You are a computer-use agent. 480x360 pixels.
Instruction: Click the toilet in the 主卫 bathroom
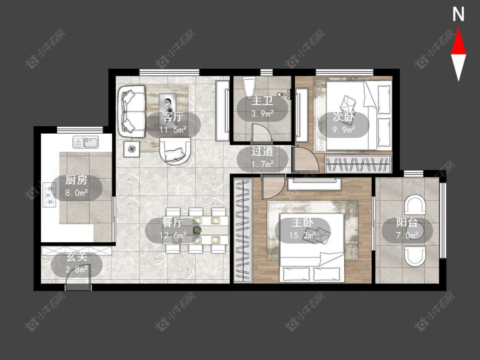(249, 87)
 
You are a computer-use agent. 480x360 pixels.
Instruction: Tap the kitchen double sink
(86, 143)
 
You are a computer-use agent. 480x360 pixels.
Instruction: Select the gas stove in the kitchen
(49, 194)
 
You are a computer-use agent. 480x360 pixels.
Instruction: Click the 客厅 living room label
(173, 117)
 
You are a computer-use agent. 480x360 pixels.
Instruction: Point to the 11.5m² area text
(173, 129)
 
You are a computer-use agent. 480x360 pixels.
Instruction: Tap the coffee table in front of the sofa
(167, 105)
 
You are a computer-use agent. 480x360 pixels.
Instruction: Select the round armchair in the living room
(175, 151)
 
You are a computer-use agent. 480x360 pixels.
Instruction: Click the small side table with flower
(132, 149)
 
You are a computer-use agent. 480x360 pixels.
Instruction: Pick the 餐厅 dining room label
(173, 222)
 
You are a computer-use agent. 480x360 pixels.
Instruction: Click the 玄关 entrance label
(77, 257)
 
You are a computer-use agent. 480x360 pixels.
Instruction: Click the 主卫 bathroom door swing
(261, 134)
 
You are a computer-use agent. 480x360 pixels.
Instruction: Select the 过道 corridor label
(262, 151)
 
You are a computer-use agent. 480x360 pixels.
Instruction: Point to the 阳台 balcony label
(407, 222)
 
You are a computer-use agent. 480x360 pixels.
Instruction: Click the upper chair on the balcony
(415, 205)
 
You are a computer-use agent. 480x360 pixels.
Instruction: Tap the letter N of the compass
(458, 15)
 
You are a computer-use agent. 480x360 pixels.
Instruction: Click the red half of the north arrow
(458, 41)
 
